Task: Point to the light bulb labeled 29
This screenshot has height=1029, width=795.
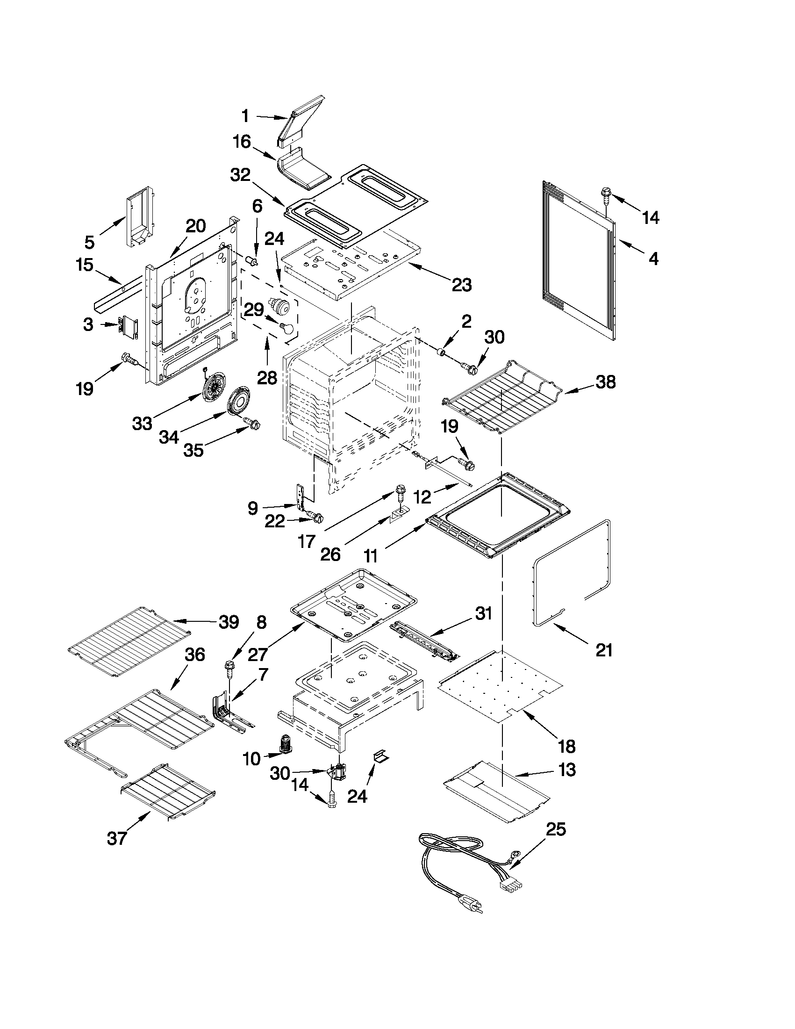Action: coord(286,326)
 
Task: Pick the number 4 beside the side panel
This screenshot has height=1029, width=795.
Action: coord(653,258)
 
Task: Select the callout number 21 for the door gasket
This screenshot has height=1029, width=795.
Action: coord(604,650)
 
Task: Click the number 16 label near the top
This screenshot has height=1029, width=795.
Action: coord(242,142)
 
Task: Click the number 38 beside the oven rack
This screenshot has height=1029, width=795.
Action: coord(605,382)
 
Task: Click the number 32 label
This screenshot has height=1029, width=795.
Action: coord(240,176)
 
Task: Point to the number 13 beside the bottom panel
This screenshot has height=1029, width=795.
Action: coord(567,770)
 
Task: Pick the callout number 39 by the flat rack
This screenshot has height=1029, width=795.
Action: coord(229,622)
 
